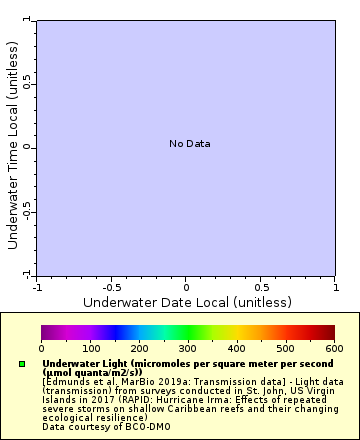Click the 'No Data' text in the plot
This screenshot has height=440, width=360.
(x=189, y=144)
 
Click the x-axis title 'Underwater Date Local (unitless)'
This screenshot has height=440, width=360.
(x=187, y=302)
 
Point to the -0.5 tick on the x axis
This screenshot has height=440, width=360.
(x=111, y=287)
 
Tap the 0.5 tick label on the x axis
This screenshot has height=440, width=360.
(x=260, y=287)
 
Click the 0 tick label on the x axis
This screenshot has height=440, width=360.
(x=186, y=287)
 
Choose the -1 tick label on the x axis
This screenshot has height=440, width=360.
(x=37, y=287)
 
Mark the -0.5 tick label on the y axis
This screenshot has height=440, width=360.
(x=28, y=211)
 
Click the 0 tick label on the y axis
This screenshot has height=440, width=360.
(x=28, y=147)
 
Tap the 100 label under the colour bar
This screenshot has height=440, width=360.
(x=90, y=348)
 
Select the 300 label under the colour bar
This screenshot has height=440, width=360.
(x=188, y=348)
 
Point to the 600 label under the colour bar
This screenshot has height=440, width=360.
(x=334, y=348)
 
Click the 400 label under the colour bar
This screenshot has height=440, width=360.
(x=237, y=348)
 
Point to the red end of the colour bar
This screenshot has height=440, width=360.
(x=330, y=333)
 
